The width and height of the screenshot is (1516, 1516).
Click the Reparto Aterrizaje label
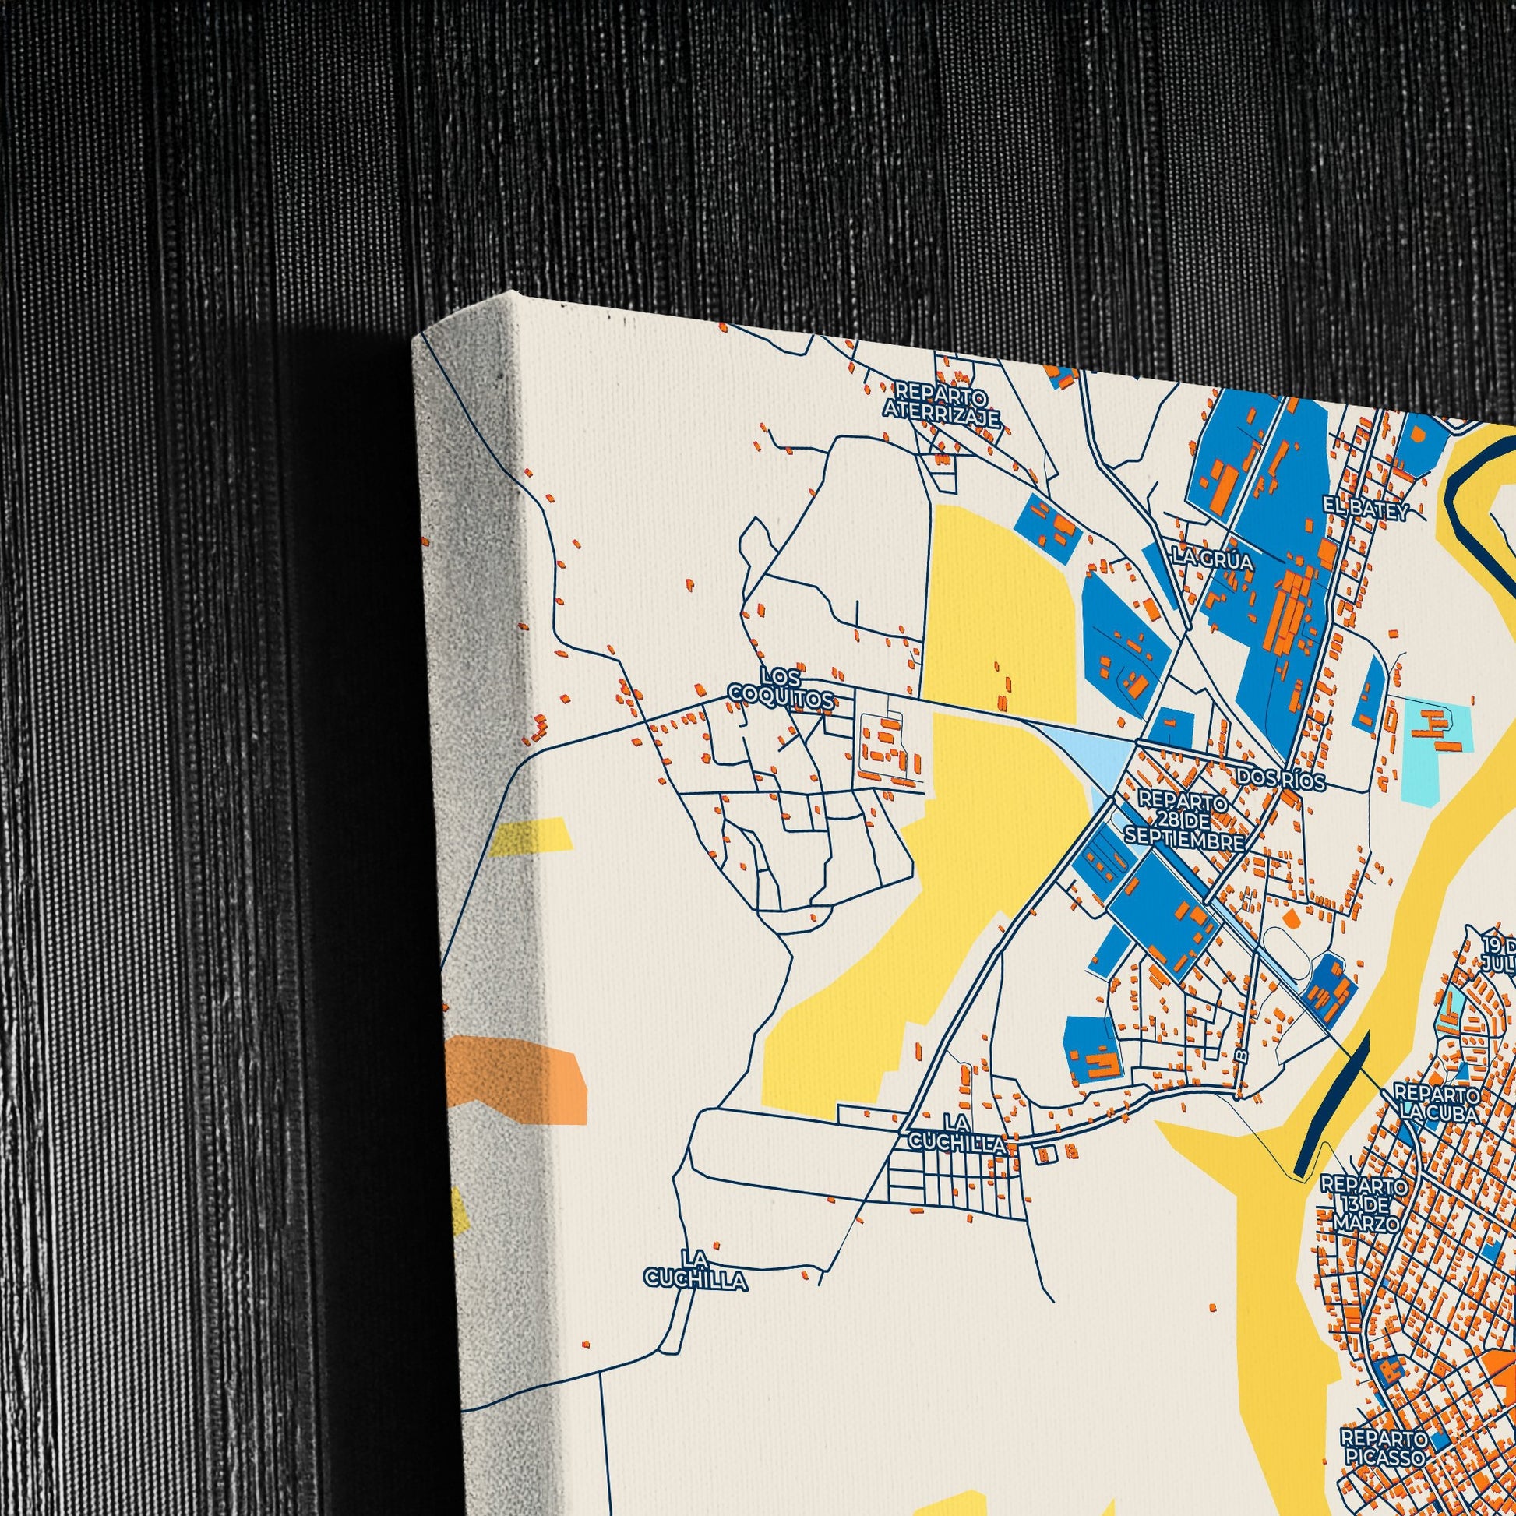(943, 405)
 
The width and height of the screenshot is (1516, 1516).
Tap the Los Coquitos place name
(781, 687)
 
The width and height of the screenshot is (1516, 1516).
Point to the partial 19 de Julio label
(1497, 953)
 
